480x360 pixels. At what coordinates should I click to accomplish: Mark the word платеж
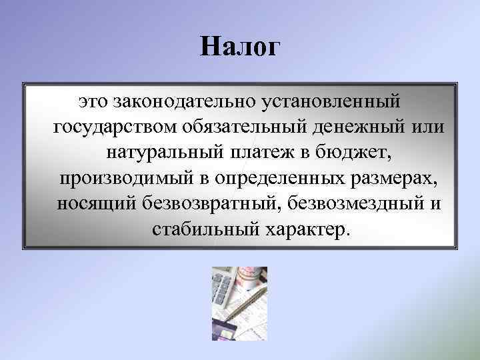[x=261, y=153]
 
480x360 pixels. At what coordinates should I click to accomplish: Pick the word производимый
[x=126, y=179]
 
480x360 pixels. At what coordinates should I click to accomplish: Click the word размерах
[x=398, y=179]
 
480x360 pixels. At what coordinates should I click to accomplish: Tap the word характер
[x=307, y=229]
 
